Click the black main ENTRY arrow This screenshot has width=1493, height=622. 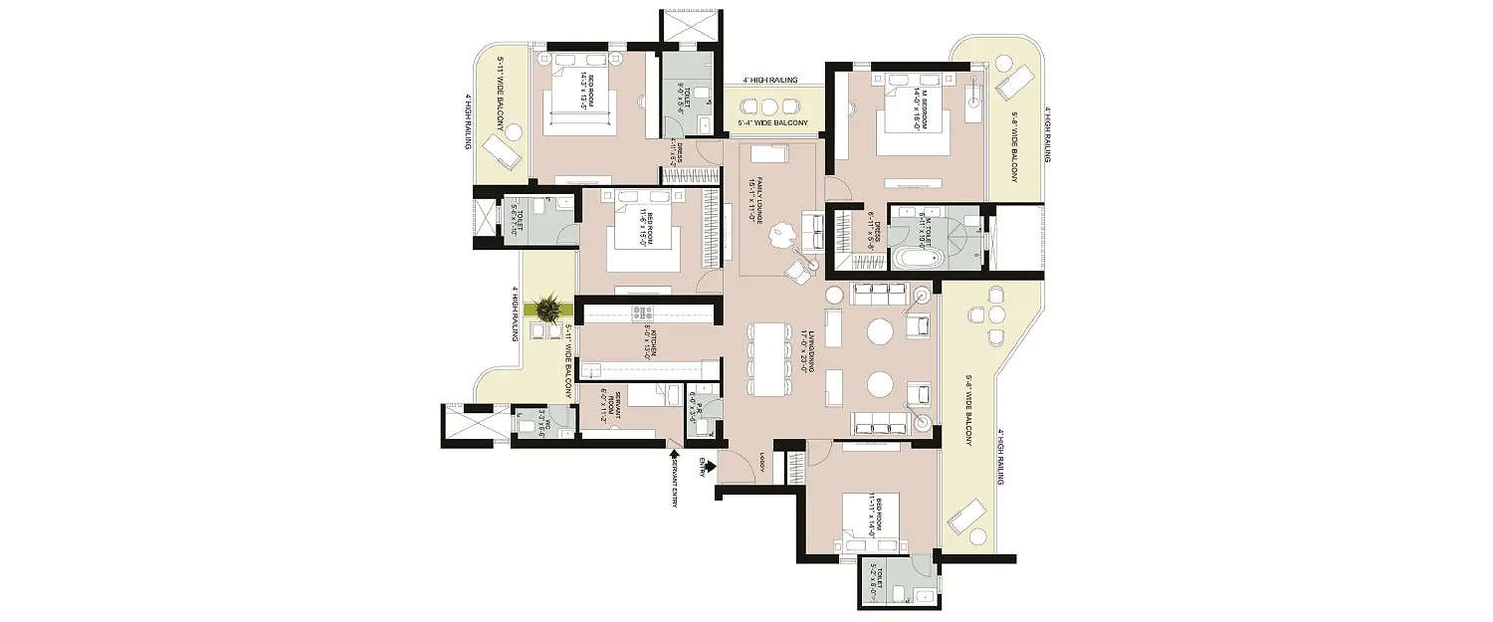click(710, 463)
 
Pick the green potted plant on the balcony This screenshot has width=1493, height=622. click(545, 310)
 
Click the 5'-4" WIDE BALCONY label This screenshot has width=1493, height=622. click(772, 124)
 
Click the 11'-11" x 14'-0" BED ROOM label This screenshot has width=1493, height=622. click(871, 515)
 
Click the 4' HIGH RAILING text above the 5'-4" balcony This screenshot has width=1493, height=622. click(772, 79)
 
